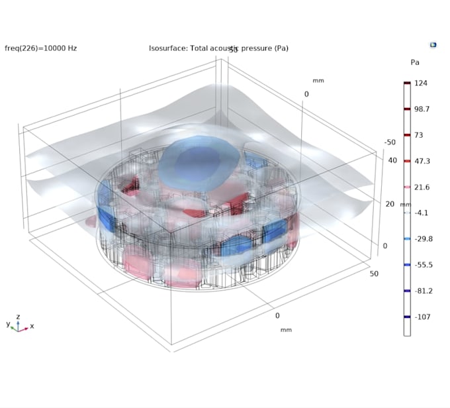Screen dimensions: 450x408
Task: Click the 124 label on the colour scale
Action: (421, 83)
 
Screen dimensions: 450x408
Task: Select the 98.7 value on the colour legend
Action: (422, 109)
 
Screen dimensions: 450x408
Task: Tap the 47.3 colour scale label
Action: (422, 161)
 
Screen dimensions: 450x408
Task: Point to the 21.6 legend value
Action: (422, 187)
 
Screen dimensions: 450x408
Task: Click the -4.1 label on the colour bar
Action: (421, 213)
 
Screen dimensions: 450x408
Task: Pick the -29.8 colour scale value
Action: (424, 239)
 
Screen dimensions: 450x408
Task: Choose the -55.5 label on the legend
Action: (424, 265)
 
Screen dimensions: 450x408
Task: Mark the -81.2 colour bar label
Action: (424, 291)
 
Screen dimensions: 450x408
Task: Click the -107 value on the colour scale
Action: (422, 317)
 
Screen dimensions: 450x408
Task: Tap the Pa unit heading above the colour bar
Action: (415, 62)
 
